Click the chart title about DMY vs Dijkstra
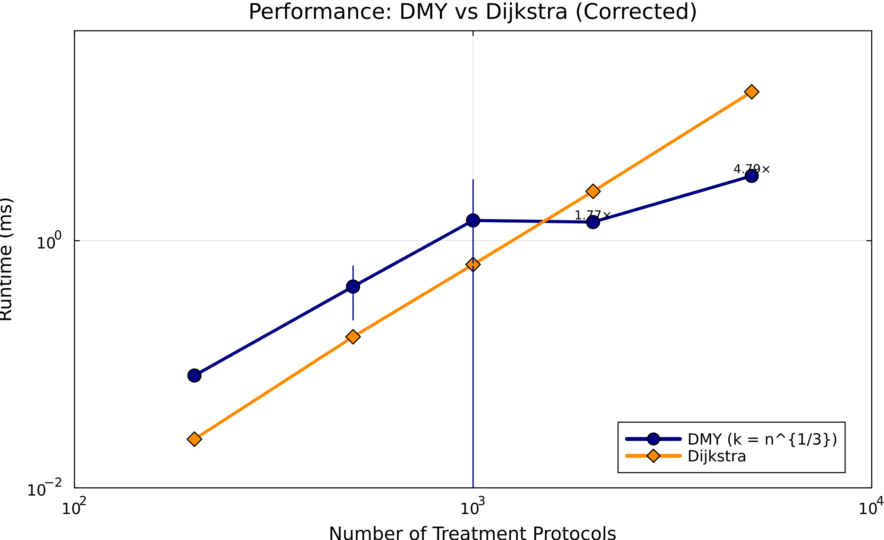pyautogui.click(x=473, y=12)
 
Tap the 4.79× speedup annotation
pyautogui.click(x=751, y=169)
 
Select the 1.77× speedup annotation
pyautogui.click(x=592, y=215)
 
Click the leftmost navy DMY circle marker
pyautogui.click(x=194, y=376)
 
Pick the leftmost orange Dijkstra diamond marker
pyautogui.click(x=194, y=439)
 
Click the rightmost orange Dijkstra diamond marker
pyautogui.click(x=751, y=92)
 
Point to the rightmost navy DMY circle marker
pyautogui.click(x=751, y=176)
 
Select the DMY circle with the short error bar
pyautogui.click(x=353, y=286)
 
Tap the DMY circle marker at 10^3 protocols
pyautogui.click(x=473, y=220)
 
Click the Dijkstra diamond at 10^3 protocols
pyautogui.click(x=473, y=264)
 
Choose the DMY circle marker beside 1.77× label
pyautogui.click(x=593, y=222)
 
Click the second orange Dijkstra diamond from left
pyautogui.click(x=353, y=337)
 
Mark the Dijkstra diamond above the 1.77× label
pyautogui.click(x=593, y=191)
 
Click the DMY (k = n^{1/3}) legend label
pyautogui.click(x=762, y=439)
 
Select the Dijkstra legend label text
pyautogui.click(x=717, y=456)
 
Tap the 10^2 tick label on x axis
pyautogui.click(x=74, y=508)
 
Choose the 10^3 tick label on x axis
pyautogui.click(x=473, y=508)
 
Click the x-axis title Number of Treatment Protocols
pyautogui.click(x=473, y=533)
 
